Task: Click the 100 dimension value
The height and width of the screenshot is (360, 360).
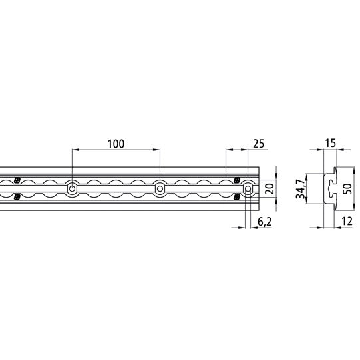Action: [x=114, y=143]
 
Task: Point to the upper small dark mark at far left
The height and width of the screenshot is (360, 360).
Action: [x=17, y=180]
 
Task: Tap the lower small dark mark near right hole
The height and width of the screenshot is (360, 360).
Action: [x=237, y=197]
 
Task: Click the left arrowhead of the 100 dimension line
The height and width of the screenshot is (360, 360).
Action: [x=74, y=150]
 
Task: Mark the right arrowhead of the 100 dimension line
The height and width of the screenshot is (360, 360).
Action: [x=157, y=150]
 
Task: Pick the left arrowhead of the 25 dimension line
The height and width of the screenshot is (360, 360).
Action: [x=228, y=150]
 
